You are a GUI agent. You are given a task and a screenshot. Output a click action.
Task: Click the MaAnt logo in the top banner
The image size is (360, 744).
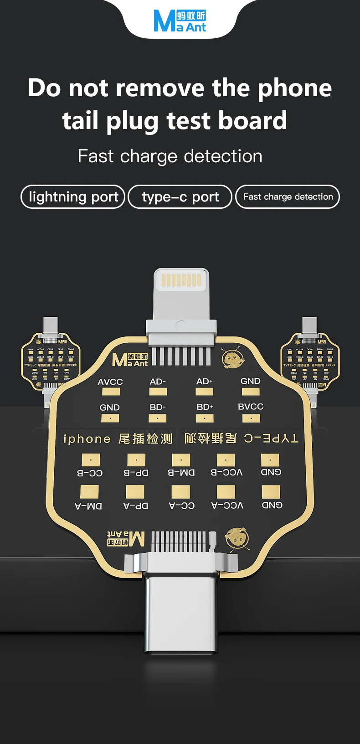180,21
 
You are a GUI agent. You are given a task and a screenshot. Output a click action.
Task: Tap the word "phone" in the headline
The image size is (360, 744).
294,88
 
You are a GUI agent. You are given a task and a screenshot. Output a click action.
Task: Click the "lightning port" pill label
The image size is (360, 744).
73,197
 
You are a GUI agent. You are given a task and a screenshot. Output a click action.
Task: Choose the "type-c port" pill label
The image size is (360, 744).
180,197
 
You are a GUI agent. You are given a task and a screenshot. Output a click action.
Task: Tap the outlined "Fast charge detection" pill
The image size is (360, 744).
288,197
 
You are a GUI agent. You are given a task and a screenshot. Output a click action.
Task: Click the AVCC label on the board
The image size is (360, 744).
110,382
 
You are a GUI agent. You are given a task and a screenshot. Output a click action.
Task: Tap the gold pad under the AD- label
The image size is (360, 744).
158,392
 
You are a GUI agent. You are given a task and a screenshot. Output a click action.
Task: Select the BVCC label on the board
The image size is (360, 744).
251,407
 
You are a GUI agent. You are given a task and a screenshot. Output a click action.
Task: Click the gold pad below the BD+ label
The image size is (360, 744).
205,418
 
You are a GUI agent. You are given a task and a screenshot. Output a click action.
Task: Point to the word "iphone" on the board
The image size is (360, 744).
87,439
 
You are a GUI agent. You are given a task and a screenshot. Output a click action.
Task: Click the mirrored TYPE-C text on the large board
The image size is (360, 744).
271,439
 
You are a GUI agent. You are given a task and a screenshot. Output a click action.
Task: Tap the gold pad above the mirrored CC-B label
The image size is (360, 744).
90,460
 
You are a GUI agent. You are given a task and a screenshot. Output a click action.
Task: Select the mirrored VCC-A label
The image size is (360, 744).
227,506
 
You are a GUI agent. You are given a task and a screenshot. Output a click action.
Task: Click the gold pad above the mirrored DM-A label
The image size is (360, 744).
89,491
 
